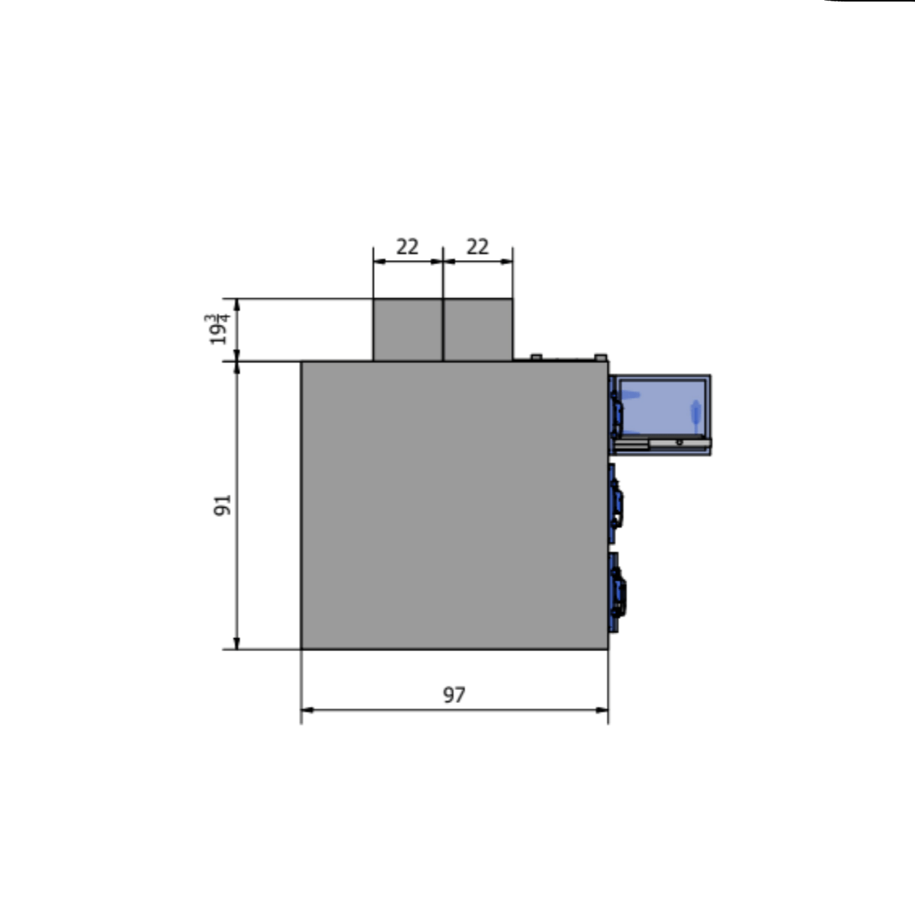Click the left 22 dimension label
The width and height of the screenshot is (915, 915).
407,247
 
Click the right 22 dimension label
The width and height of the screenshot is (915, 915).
477,247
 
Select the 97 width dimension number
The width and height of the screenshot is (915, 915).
454,695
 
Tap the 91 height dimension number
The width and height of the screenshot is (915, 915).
222,505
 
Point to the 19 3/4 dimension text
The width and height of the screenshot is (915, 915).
219,329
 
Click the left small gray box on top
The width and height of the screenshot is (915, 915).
407,329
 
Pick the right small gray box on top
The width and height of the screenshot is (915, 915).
478,329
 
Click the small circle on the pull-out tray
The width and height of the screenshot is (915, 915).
679,441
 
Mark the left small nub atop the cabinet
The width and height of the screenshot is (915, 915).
535,356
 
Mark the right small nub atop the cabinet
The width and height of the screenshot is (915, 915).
600,356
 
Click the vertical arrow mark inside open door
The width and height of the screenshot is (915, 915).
695,411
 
